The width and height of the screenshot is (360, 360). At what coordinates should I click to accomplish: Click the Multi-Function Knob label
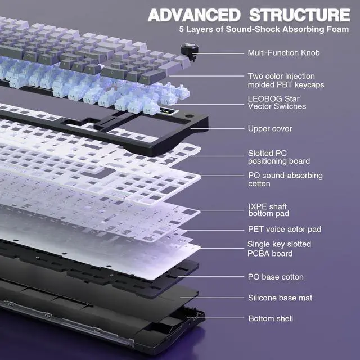[283, 53]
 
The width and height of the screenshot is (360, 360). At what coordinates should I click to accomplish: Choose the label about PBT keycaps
[286, 80]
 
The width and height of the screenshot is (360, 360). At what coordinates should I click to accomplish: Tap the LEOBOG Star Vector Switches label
[277, 102]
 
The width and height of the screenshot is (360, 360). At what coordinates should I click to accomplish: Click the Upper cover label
[270, 129]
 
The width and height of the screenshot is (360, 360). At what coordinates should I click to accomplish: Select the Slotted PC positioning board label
[279, 157]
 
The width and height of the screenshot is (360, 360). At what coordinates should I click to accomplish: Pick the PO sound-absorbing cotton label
[285, 179]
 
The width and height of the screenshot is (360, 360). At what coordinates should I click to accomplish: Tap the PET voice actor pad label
[285, 229]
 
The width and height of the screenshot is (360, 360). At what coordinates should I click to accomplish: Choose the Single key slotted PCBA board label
[279, 249]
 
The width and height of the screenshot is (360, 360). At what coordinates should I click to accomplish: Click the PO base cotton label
[276, 277]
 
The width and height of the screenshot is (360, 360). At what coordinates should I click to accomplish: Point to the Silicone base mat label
[280, 298]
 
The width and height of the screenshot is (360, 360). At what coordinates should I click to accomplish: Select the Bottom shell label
[271, 319]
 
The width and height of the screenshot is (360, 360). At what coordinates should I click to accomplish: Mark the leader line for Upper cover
[219, 129]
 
